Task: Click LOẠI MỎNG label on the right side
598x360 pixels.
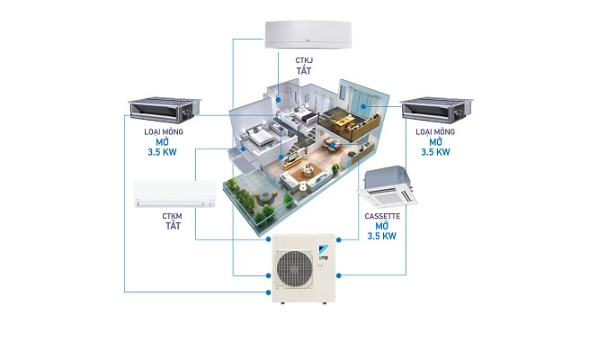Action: click(433, 130)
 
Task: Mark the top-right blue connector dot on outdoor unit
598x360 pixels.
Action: click(338, 240)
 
